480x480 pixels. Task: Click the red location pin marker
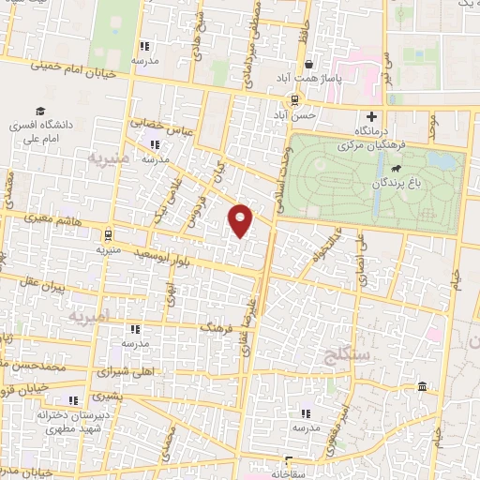pos(242,219)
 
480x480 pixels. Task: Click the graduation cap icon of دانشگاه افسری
pos(42,110)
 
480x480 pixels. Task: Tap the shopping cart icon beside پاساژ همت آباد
pos(308,65)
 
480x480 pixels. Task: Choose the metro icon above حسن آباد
pos(294,99)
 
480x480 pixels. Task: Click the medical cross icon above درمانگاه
pos(372,118)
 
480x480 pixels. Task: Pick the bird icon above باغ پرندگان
pos(398,170)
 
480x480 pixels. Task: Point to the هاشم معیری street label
pos(59,221)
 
